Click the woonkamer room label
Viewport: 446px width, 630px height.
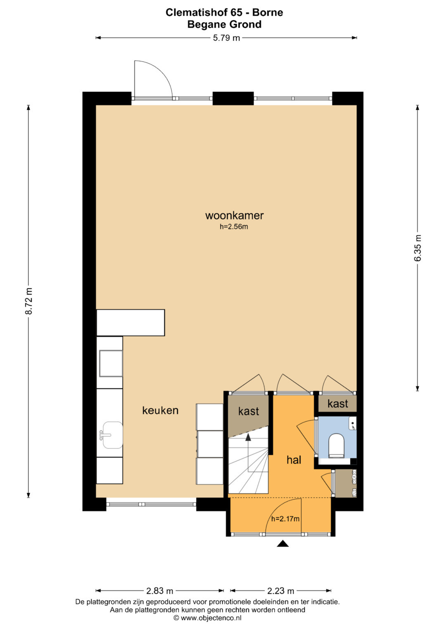(x=234, y=215)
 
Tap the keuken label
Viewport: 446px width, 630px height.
(x=160, y=411)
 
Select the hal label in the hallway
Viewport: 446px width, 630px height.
(x=294, y=460)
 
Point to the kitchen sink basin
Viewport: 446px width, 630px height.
(x=113, y=435)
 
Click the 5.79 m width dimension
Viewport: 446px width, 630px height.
(x=226, y=38)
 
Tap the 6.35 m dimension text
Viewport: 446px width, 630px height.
(x=418, y=248)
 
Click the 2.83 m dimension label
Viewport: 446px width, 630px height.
(x=160, y=591)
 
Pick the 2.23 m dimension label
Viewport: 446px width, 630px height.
(x=280, y=591)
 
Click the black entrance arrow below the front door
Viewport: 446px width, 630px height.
(x=283, y=543)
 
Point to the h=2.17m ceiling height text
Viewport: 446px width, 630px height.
(x=285, y=519)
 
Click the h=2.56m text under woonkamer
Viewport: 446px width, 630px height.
(x=234, y=227)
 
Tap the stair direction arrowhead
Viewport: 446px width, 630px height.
(x=248, y=437)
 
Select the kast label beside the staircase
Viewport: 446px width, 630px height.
(x=248, y=411)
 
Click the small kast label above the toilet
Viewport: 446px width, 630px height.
(x=338, y=403)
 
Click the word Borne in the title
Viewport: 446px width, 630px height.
(x=268, y=12)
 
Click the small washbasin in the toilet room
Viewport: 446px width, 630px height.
(x=353, y=424)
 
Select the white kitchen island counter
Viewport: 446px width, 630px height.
(x=130, y=323)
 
